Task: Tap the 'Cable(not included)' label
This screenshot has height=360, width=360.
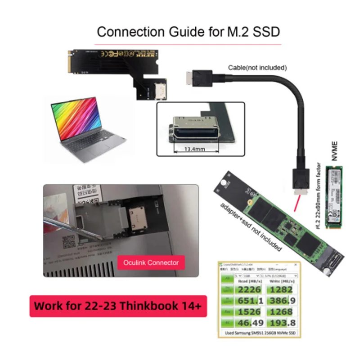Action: pos(257,67)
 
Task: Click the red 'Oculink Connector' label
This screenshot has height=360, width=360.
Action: pos(151,263)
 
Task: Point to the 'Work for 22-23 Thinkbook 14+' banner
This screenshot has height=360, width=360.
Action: pos(118,306)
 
